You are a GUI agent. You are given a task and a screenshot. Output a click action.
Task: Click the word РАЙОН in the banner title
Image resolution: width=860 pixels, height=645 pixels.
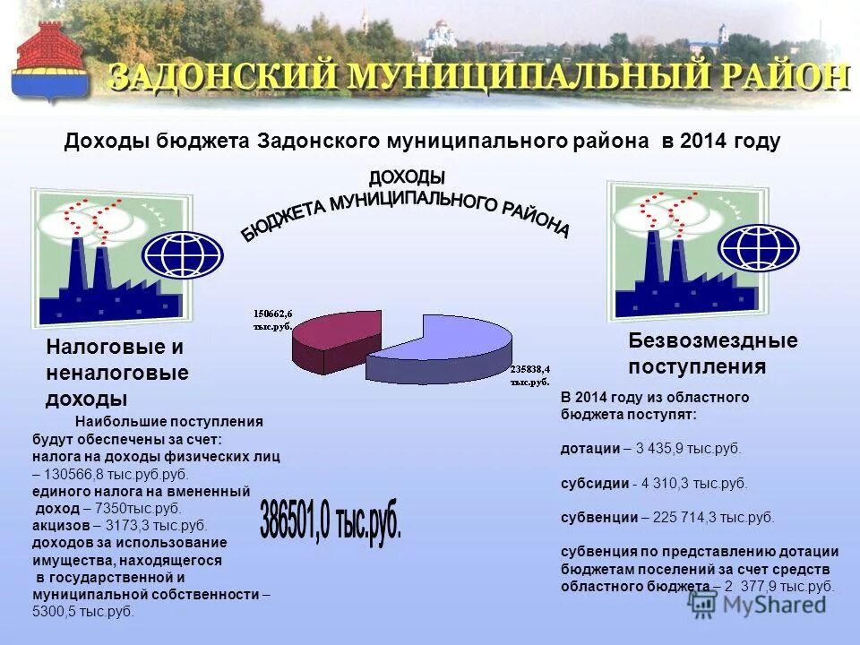click(x=779, y=77)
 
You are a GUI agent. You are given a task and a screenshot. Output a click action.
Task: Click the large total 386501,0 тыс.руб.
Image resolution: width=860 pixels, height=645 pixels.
click(x=331, y=519)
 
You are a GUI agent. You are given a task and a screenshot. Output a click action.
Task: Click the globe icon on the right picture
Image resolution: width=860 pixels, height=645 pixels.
click(x=758, y=247)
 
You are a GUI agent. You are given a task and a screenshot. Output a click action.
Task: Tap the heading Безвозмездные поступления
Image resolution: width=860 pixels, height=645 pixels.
click(x=712, y=353)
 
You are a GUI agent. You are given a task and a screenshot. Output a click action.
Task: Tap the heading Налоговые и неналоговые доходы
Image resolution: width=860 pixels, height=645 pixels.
click(x=116, y=372)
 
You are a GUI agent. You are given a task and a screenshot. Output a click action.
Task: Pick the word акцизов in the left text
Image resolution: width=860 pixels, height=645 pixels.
click(x=61, y=526)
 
